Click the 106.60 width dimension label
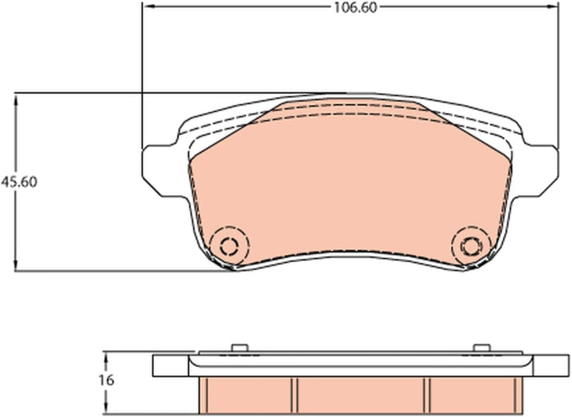355,8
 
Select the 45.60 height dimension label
19,182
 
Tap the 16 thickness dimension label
106,380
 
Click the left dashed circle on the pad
230,245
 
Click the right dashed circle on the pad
471,245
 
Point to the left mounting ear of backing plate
160,171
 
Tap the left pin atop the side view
240,348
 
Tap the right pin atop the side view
481,348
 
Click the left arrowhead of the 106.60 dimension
149,6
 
